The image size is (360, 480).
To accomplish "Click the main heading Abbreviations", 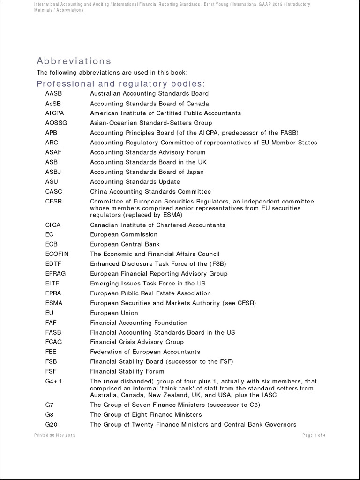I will click(x=74, y=61).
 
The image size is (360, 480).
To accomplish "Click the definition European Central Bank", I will click(x=125, y=244).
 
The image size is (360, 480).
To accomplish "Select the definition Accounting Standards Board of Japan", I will click(x=147, y=172).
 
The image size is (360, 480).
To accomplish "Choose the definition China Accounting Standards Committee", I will click(x=150, y=192).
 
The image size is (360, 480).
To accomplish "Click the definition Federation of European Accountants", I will click(x=145, y=352).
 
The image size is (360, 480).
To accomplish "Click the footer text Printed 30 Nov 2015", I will click(x=55, y=435).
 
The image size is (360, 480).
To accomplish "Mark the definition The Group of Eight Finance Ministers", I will click(x=146, y=415).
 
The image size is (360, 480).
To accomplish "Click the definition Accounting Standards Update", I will click(x=135, y=182).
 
